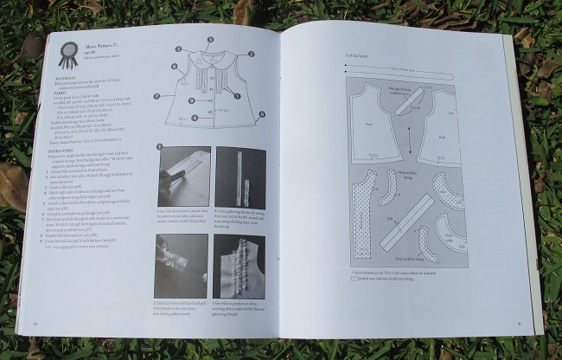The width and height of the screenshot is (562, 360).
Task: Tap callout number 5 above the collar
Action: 210,40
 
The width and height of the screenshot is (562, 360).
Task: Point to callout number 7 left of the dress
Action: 156,95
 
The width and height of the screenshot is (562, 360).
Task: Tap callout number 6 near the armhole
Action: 175,66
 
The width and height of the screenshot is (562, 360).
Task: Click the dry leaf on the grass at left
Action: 13,185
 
